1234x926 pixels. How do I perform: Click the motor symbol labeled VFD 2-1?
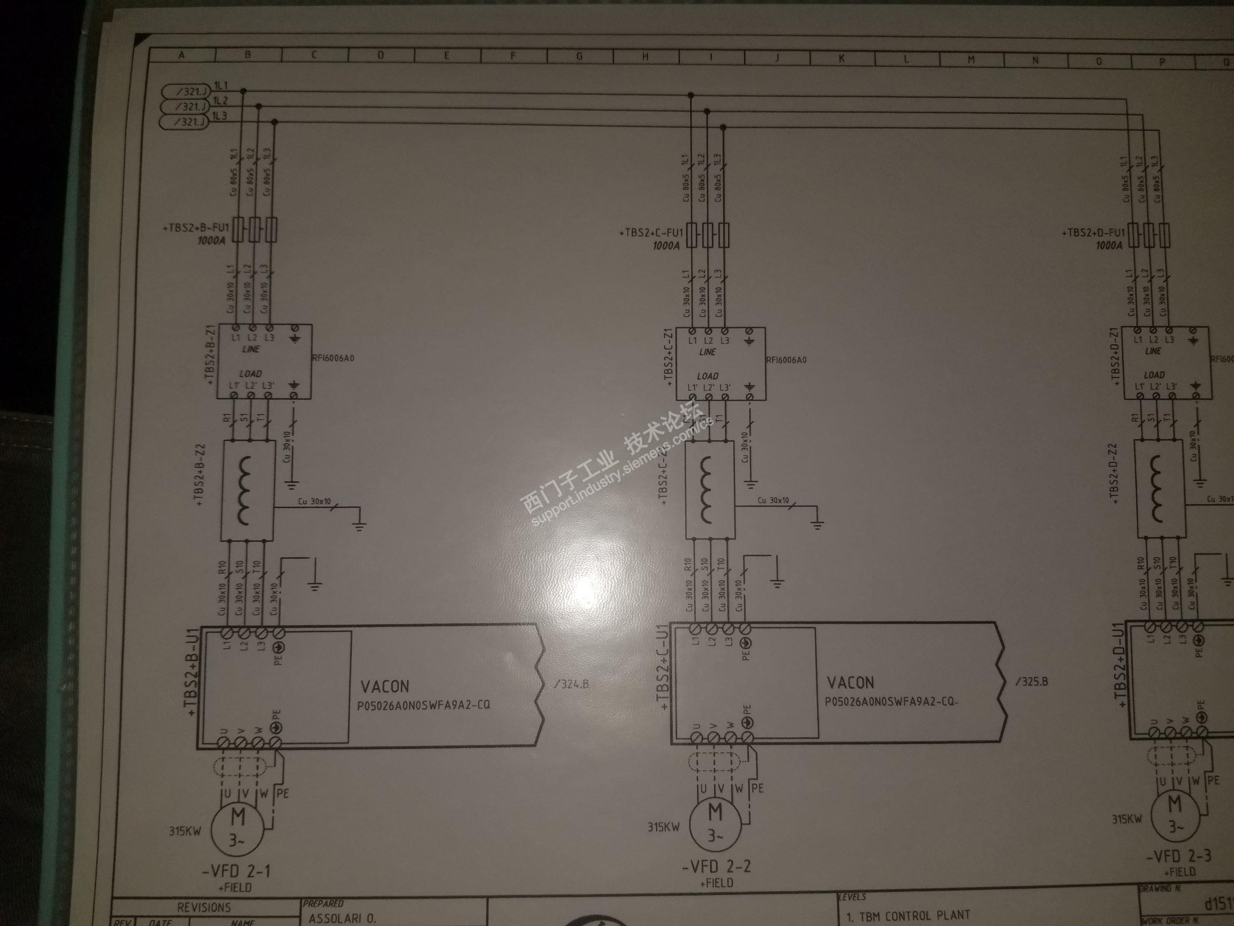pyautogui.click(x=237, y=828)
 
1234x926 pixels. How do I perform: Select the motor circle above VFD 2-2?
pyautogui.click(x=715, y=822)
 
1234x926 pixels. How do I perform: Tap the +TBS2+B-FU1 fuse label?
pyautogui.click(x=196, y=228)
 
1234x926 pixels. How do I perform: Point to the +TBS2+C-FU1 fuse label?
pyautogui.click(x=651, y=232)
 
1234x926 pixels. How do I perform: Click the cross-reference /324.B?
pyautogui.click(x=572, y=684)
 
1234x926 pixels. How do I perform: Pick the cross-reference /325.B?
pyautogui.click(x=1031, y=681)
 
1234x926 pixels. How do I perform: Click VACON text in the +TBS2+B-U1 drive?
pyautogui.click(x=384, y=686)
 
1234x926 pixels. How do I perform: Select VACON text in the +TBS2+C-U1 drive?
pyautogui.click(x=850, y=682)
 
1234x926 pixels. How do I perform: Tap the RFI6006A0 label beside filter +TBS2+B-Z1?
pyautogui.click(x=333, y=358)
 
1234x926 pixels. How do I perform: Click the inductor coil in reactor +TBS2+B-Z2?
pyautogui.click(x=246, y=490)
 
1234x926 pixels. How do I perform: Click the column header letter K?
pyautogui.click(x=841, y=59)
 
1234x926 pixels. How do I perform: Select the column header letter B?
pyautogui.click(x=247, y=55)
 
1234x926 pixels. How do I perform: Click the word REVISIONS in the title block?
pyautogui.click(x=204, y=907)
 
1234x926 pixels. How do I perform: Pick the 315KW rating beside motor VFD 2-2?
pyautogui.click(x=663, y=827)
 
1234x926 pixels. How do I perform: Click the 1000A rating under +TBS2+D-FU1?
pyautogui.click(x=1108, y=245)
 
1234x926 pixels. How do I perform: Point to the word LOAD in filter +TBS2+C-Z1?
pyautogui.click(x=708, y=376)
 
